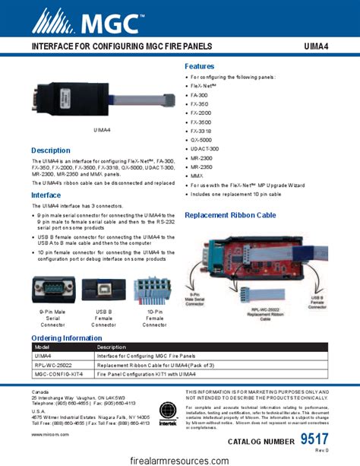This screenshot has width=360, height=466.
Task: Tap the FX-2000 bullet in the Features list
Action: coord(201,113)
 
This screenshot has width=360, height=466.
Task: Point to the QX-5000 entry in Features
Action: coord(201,140)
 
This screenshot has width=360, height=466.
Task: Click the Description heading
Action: coord(51,151)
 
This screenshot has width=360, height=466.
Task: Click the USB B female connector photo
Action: coord(104,290)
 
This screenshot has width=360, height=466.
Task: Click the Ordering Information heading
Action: coord(66,338)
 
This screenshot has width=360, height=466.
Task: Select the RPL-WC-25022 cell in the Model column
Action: coord(55,365)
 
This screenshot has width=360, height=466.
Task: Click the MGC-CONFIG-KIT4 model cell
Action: coord(58,374)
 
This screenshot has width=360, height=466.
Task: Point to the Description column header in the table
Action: coord(112,347)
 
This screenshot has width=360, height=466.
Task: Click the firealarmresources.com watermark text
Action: coord(179,459)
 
